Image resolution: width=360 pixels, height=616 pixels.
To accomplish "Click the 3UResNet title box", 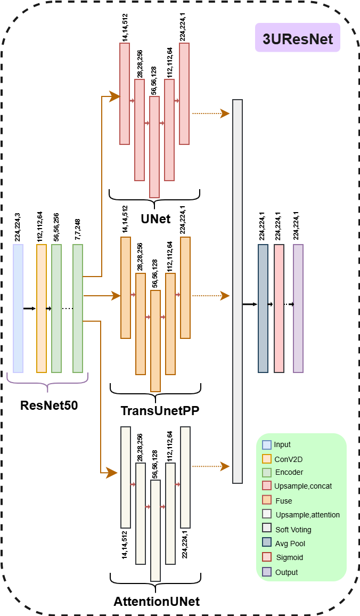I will [297, 37].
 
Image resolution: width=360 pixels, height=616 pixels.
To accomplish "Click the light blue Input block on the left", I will [18, 308].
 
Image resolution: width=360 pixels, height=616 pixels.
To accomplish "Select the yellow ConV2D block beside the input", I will [42, 308].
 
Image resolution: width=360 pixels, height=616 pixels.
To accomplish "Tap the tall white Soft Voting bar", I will [238, 291].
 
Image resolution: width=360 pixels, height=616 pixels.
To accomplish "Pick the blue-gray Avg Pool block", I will [263, 308].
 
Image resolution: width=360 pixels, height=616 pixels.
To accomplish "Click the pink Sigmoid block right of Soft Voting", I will [279, 308].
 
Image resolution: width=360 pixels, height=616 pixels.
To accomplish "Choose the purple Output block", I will [298, 308].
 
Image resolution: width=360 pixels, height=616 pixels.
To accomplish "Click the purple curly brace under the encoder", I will [47, 383].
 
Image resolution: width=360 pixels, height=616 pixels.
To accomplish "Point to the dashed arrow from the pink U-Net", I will [210, 114].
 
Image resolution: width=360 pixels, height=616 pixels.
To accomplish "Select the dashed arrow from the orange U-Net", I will [210, 296].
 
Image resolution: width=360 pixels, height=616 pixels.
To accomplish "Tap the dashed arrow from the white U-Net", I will [210, 466].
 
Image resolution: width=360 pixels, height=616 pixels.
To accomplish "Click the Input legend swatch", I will [267, 445].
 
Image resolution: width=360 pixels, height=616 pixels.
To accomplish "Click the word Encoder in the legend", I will [289, 473].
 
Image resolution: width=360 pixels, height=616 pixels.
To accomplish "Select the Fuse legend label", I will [284, 501].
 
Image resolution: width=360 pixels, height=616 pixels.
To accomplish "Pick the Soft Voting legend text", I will [293, 530].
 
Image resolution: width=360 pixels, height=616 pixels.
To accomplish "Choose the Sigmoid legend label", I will [289, 558].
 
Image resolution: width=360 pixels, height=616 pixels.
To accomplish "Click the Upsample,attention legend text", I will [308, 515].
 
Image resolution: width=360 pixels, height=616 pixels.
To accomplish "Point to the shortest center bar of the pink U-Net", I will [154, 147].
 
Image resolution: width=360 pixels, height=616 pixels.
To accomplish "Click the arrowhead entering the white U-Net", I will [112, 473].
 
